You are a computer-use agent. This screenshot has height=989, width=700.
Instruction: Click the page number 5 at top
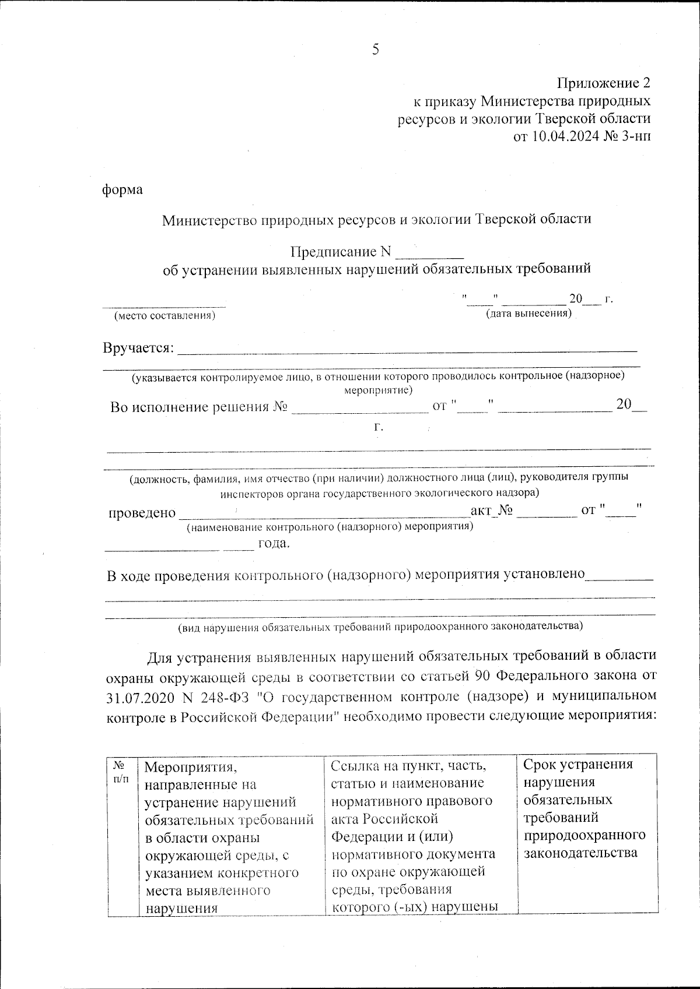click(x=376, y=50)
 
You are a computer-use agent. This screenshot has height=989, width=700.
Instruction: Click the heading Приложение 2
click(x=603, y=82)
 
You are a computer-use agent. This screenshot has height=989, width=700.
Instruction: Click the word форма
click(x=123, y=189)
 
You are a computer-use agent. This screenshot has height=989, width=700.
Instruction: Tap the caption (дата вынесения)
click(x=528, y=314)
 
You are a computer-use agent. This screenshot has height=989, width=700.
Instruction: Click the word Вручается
click(x=138, y=348)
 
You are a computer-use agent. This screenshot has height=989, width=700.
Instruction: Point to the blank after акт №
click(x=546, y=512)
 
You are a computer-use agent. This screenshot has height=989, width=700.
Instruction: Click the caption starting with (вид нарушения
click(x=380, y=627)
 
